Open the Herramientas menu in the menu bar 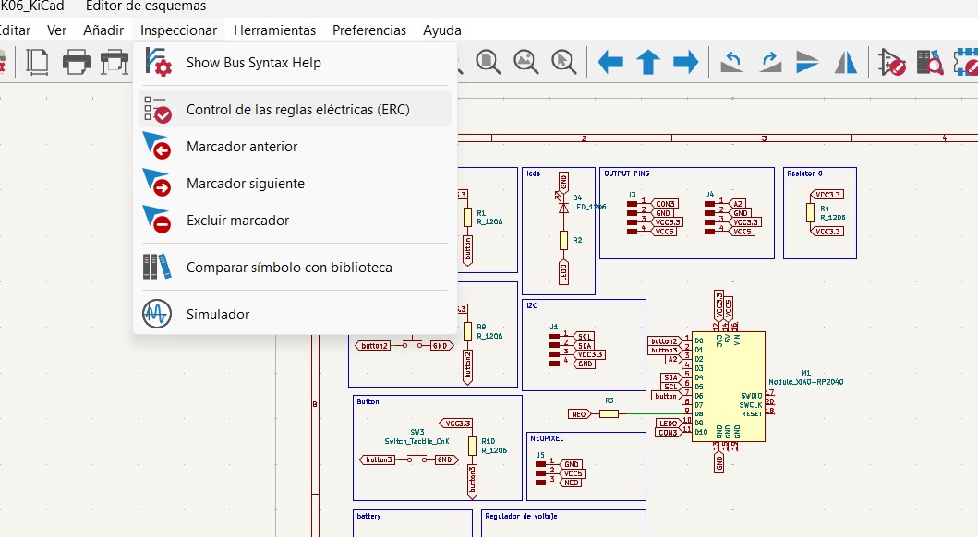(274, 30)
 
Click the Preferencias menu (369, 30)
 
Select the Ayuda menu (442, 30)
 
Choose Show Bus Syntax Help (254, 63)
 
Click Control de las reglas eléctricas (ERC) (297, 109)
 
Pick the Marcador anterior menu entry (242, 147)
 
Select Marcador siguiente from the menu (245, 184)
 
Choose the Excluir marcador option (237, 221)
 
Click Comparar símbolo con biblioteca (289, 268)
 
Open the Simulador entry (218, 315)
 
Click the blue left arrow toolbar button (610, 62)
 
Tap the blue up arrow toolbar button (648, 62)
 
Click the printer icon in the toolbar (76, 62)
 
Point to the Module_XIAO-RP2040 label (805, 381)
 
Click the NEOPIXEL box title (547, 438)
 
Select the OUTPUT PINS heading (626, 173)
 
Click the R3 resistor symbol (609, 414)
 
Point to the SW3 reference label (417, 432)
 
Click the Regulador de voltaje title (521, 517)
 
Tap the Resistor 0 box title (804, 173)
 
